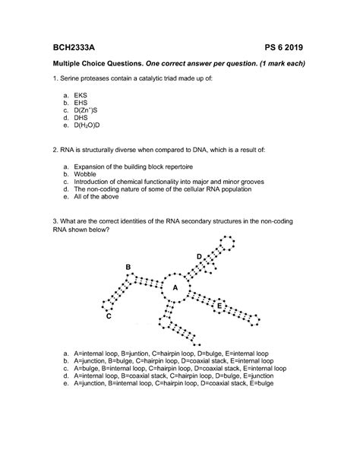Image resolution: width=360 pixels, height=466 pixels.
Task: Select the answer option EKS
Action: coord(81,96)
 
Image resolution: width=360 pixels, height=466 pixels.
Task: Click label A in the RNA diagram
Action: coord(175,287)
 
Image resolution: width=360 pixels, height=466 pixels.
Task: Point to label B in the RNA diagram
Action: coord(129,266)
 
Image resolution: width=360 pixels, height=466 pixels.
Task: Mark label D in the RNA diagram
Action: coord(199,258)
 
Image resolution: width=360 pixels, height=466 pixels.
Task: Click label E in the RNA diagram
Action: coord(219,306)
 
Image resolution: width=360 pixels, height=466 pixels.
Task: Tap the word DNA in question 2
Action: coord(203,150)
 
